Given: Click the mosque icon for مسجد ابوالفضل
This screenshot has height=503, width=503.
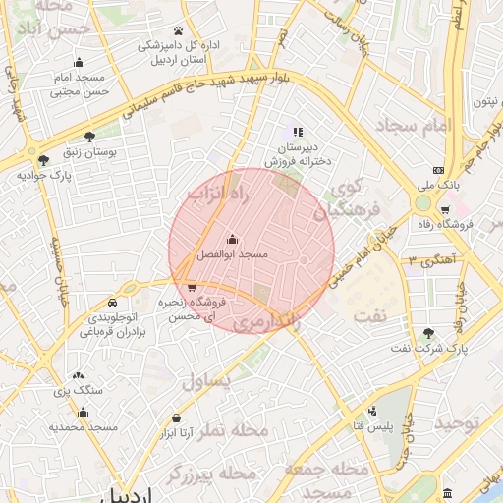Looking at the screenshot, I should [232, 240].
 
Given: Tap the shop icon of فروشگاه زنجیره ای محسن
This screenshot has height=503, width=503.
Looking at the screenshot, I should [191, 287].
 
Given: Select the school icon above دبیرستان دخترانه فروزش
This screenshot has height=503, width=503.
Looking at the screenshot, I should [298, 132].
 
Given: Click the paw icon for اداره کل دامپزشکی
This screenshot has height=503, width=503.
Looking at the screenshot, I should [178, 31].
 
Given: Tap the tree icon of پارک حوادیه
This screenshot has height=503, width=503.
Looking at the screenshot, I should [42, 160].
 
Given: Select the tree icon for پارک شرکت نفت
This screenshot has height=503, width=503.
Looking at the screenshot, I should [428, 334].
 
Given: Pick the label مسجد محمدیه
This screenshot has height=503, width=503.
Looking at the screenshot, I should [84, 428].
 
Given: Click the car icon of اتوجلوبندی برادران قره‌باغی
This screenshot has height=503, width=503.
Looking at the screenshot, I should [115, 303].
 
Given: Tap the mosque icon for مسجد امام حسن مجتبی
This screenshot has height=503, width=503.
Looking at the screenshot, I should [80, 63].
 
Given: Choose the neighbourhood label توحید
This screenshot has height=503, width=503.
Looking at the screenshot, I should [460, 422].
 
